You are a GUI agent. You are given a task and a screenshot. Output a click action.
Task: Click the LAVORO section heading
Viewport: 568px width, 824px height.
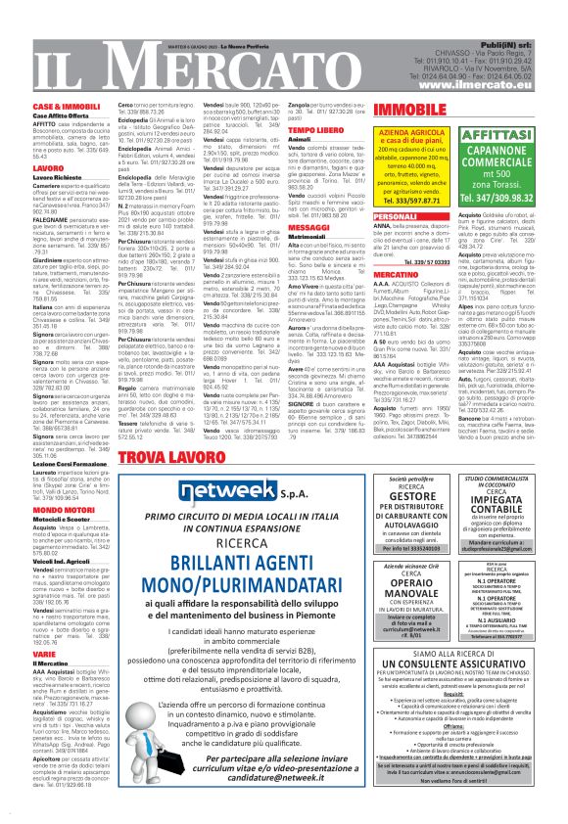[x=49, y=168]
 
